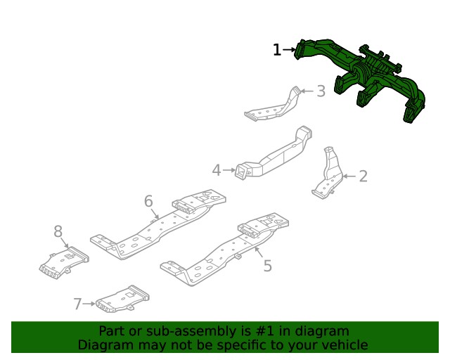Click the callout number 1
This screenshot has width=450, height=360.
(x=277, y=50)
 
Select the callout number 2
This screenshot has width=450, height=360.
(x=363, y=176)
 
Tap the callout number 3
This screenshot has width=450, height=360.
(x=321, y=91)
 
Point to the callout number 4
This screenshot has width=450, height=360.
(x=217, y=170)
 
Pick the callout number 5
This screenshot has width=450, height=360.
(x=267, y=265)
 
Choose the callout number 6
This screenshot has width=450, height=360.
(x=148, y=202)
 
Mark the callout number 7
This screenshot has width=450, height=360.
(x=77, y=304)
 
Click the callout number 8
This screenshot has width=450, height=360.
(x=58, y=231)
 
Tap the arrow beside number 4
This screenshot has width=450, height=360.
(x=229, y=170)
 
